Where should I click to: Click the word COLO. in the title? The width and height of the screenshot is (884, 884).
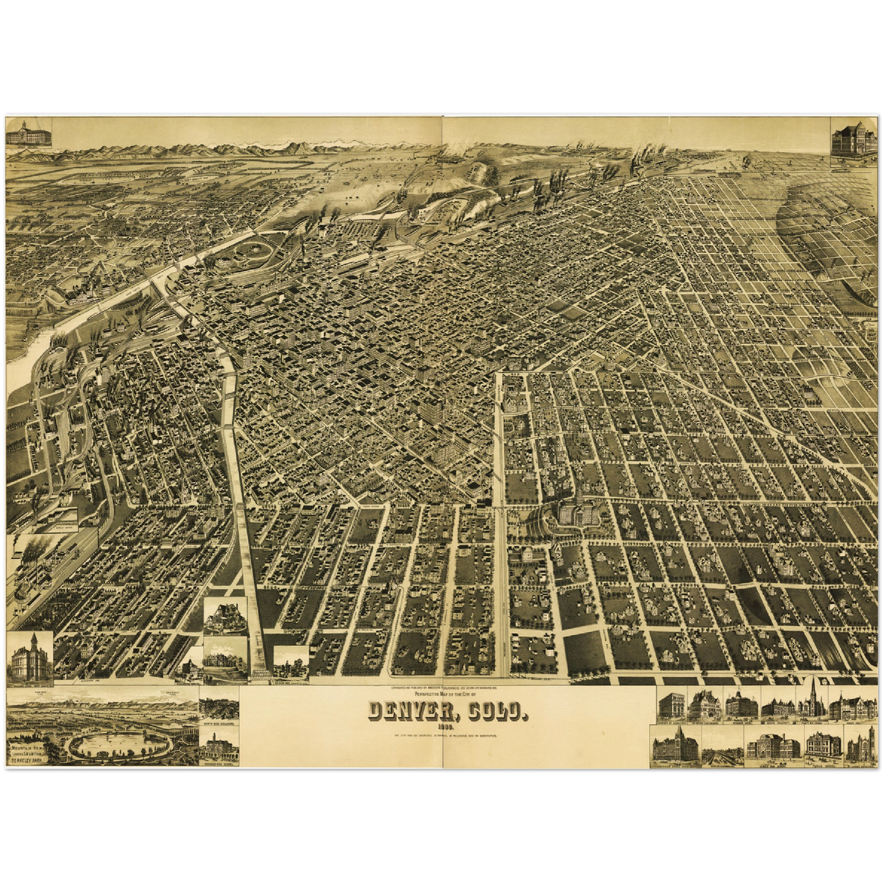495,711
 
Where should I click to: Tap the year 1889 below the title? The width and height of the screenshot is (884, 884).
445,726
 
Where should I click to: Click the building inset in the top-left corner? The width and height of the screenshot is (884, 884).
28,131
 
